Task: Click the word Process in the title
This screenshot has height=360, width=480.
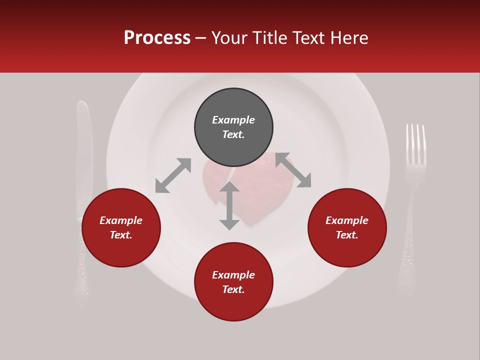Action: tap(157, 38)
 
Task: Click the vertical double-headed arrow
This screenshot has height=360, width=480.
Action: tap(229, 205)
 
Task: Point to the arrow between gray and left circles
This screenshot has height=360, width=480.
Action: tap(173, 175)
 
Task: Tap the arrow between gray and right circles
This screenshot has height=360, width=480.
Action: tap(293, 170)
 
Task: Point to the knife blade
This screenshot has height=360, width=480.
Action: tap(83, 150)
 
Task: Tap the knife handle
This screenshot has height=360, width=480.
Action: tap(82, 265)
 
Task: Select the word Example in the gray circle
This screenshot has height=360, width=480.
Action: tap(233, 120)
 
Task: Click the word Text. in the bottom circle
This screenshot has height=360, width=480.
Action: tap(233, 289)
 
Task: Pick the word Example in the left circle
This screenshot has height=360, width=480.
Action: tap(121, 220)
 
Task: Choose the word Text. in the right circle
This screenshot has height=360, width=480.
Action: tap(347, 235)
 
